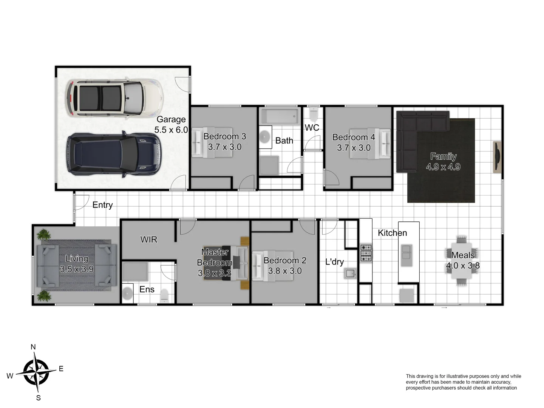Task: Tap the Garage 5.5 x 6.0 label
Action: click(x=171, y=125)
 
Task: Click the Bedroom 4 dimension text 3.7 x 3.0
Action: click(x=354, y=148)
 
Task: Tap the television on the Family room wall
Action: click(x=498, y=157)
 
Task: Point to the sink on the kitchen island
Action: click(x=406, y=255)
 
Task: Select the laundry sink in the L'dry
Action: click(x=350, y=273)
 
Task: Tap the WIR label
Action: click(x=148, y=240)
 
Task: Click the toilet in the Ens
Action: click(x=164, y=295)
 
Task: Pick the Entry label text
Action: click(x=102, y=205)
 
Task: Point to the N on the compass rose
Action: click(x=33, y=347)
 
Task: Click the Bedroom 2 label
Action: click(x=285, y=261)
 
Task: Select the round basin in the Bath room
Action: click(x=266, y=136)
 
